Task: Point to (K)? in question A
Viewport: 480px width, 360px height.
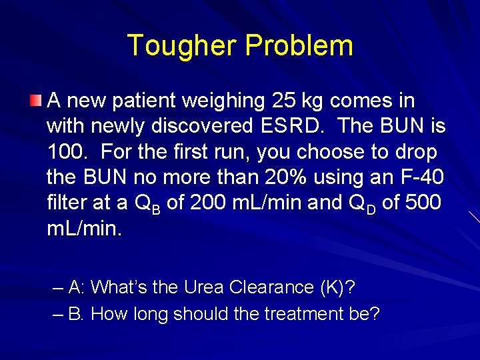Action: [337, 287]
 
